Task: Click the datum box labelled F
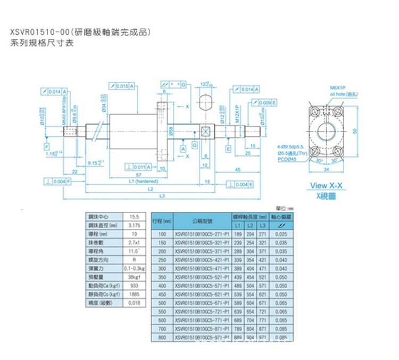[x=47, y=146]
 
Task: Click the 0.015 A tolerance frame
[x=120, y=86]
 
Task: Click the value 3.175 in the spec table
[x=134, y=226]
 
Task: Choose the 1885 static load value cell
[x=134, y=293]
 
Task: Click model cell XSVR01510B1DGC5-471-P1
[x=202, y=269]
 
